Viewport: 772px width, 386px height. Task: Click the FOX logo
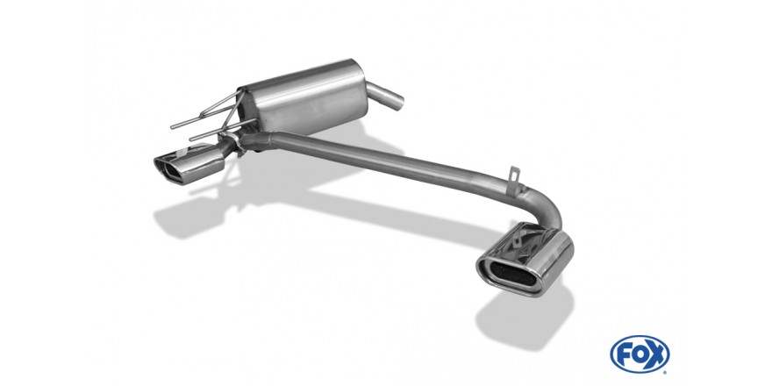coord(640,354)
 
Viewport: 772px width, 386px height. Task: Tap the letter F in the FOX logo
coord(625,354)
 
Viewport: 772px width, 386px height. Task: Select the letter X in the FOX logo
coord(656,354)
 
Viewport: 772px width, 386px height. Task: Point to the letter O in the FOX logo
coord(640,354)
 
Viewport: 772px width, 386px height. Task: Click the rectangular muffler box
coord(303,97)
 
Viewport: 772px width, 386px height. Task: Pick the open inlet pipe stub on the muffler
coord(385,96)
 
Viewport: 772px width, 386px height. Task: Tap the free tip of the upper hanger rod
coord(172,128)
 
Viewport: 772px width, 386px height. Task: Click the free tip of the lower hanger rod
coord(191,139)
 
